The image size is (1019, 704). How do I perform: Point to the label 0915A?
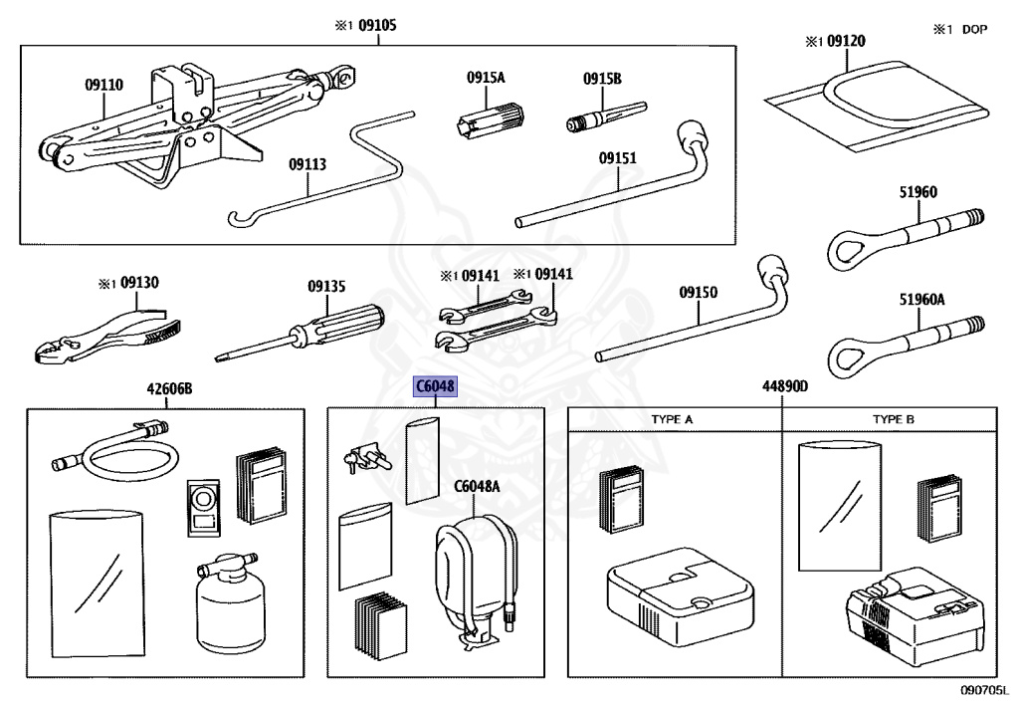(487, 77)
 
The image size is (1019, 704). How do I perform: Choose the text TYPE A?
(673, 419)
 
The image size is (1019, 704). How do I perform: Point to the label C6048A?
(477, 487)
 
